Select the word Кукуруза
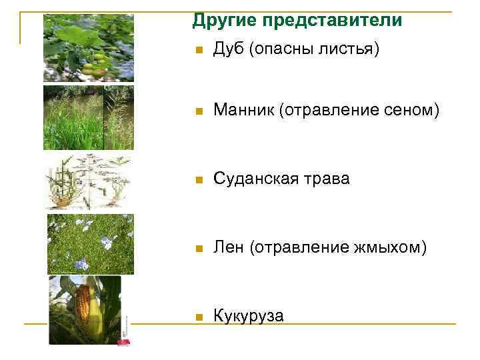249,315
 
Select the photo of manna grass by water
89,117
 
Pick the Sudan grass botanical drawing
89,182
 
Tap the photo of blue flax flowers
91,244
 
